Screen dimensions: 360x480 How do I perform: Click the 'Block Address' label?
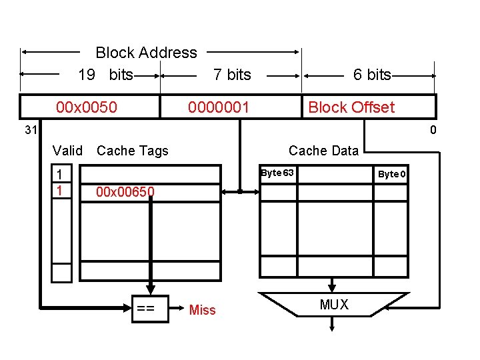(x=146, y=53)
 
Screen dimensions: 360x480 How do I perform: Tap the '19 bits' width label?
(x=105, y=75)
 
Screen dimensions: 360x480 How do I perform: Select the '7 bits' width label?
(x=232, y=75)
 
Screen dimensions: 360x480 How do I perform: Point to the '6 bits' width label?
(x=372, y=75)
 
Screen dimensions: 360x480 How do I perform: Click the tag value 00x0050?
(x=87, y=107)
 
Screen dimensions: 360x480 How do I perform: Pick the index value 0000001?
(x=219, y=107)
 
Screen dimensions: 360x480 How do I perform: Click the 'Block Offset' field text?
(x=351, y=107)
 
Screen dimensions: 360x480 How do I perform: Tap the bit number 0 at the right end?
(x=433, y=130)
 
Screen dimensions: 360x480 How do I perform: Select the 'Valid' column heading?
(x=67, y=151)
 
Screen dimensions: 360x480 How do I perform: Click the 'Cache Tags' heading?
(x=133, y=151)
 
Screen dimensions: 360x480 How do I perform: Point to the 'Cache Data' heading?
(x=323, y=151)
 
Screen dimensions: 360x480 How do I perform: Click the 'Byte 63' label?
(x=277, y=173)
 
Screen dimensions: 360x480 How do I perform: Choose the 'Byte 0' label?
(x=393, y=174)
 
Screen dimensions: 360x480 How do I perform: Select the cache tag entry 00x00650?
(x=125, y=193)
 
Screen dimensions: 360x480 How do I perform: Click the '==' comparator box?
(x=146, y=308)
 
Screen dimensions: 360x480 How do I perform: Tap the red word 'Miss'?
(x=203, y=309)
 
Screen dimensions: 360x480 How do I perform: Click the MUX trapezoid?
(x=334, y=304)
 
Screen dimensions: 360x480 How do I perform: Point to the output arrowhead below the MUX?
(x=333, y=326)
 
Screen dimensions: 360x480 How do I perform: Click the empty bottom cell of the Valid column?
(x=61, y=273)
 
